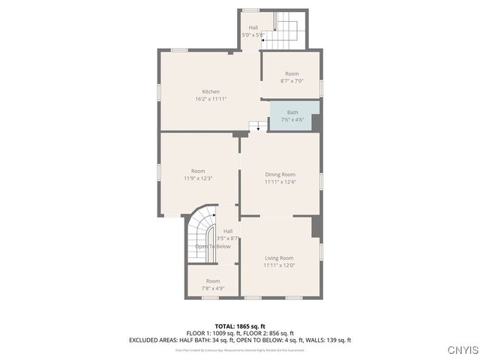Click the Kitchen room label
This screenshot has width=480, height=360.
point(210,91)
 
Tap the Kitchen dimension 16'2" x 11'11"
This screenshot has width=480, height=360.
point(210,98)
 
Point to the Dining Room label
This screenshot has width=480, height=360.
point(279,175)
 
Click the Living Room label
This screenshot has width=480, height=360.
point(278,258)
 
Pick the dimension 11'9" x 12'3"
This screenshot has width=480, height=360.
point(198,178)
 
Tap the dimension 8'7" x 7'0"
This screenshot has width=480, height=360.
point(291,80)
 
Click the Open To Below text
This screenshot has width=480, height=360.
point(213,246)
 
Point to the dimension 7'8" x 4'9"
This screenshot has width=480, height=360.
point(213,288)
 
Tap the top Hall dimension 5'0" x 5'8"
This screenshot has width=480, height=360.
point(253,34)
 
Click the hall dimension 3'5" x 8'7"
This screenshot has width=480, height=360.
point(227,238)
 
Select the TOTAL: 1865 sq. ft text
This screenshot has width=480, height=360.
point(239,326)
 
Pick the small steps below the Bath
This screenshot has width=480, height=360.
point(259,125)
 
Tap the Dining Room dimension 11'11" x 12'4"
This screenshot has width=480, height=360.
point(279,181)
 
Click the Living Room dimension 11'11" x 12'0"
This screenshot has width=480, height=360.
point(278,265)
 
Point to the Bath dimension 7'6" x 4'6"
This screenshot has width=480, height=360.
point(292,119)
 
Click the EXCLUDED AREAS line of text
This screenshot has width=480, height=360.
point(239,340)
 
